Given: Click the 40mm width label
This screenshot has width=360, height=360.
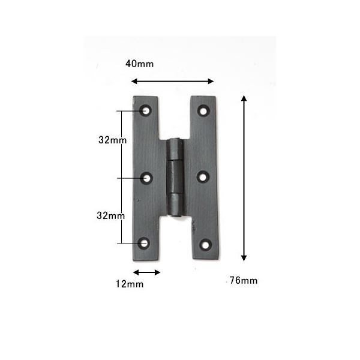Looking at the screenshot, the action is [140, 64].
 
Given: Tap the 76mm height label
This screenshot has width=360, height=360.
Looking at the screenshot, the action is [244, 280].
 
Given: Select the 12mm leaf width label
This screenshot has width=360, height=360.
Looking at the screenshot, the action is [130, 284].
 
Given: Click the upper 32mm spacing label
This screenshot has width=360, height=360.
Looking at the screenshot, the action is [113, 140].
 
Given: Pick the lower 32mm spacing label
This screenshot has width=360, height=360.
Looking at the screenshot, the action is [110, 215].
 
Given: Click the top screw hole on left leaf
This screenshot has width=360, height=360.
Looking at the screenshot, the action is [146, 110].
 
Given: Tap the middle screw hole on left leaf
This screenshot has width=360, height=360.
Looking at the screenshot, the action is [147, 178].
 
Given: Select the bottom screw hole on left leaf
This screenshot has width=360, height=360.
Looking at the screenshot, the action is [144, 244].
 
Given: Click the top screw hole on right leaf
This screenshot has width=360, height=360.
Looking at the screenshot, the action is [203, 111].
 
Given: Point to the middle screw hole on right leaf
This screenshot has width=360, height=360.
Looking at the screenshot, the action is [203, 177].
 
